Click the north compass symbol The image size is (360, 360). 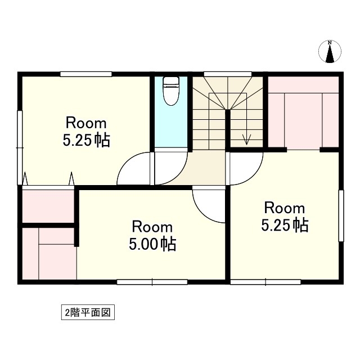pyautogui.click(x=330, y=51)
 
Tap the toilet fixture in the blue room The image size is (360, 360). pyautogui.click(x=171, y=91)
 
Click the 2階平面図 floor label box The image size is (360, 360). pyautogui.click(x=88, y=312)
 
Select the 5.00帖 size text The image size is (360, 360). pyautogui.click(x=152, y=244)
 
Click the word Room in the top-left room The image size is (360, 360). pyautogui.click(x=86, y=123)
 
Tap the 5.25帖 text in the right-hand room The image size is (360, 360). pyautogui.click(x=285, y=225)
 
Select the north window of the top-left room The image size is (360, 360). pyautogui.click(x=86, y=74)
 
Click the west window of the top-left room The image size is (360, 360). pyautogui.click(x=20, y=147)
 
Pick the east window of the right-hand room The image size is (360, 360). pyautogui.click(x=341, y=215)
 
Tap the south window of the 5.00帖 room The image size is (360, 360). pyautogui.click(x=152, y=282)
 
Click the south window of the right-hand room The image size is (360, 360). pyautogui.click(x=265, y=282)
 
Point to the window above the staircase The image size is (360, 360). pyautogui.click(x=228, y=74)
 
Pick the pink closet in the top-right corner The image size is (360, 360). pyautogui.click(x=303, y=113)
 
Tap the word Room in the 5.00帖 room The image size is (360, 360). pyautogui.click(x=152, y=227)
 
